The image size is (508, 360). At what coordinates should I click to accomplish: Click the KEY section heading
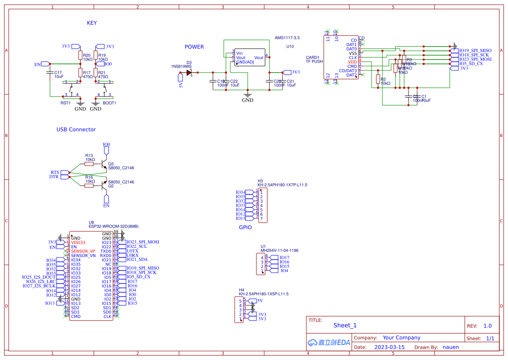[x=92, y=23]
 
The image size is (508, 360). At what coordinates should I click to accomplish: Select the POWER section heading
[x=194, y=47]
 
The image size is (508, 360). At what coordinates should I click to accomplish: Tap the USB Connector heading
[x=76, y=130]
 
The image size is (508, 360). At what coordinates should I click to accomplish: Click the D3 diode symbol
[x=189, y=73]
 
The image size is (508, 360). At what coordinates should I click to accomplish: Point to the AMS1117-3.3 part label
[x=287, y=38]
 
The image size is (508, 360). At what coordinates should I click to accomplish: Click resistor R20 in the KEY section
[x=80, y=55]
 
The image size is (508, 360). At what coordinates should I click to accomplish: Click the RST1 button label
[x=65, y=103]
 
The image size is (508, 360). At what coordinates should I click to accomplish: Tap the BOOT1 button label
[x=109, y=103]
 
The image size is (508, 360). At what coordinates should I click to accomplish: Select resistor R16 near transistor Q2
[x=89, y=186]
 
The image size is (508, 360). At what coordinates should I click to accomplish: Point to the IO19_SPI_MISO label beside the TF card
[x=475, y=50]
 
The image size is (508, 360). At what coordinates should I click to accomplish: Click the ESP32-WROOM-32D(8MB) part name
[x=113, y=226]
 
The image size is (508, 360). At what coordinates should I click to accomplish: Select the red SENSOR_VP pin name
[x=83, y=251]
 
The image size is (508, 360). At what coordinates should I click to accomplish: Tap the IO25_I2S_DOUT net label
[x=39, y=277]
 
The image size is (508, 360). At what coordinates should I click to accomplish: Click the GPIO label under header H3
[x=245, y=227]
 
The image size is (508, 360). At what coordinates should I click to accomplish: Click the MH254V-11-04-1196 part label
[x=279, y=250]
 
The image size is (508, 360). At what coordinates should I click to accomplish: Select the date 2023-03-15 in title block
[x=389, y=347]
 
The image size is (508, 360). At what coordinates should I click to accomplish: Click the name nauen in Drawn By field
[x=451, y=347]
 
